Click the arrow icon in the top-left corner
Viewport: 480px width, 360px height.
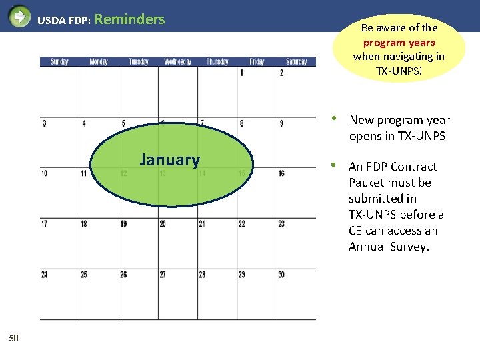pyautogui.click(x=19, y=15)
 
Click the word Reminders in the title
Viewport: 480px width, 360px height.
pyautogui.click(x=130, y=19)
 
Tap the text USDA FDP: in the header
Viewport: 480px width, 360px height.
pyautogui.click(x=64, y=21)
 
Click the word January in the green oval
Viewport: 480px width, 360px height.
pyautogui.click(x=169, y=160)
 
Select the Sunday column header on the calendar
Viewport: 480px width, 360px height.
pyautogui.click(x=59, y=62)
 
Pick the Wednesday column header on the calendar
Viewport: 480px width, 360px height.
pyautogui.click(x=177, y=62)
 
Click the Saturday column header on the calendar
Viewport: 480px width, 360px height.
pyautogui.click(x=297, y=62)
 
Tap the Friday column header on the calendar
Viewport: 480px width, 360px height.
pyautogui.click(x=257, y=62)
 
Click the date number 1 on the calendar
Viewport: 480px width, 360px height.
pyautogui.click(x=241, y=73)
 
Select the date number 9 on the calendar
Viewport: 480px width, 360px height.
pyautogui.click(x=281, y=123)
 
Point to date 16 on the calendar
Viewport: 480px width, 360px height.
pyautogui.click(x=282, y=173)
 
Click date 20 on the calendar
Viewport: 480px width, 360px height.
pyautogui.click(x=163, y=224)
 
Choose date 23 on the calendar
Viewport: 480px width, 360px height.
pyautogui.click(x=282, y=224)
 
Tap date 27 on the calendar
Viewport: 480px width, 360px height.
pyautogui.click(x=163, y=275)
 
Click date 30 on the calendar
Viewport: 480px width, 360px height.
pyautogui.click(x=282, y=275)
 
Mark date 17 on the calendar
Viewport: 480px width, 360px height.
pyautogui.click(x=44, y=224)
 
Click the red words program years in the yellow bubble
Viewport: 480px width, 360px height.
pyautogui.click(x=399, y=42)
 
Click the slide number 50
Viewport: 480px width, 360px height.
pyautogui.click(x=14, y=338)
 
